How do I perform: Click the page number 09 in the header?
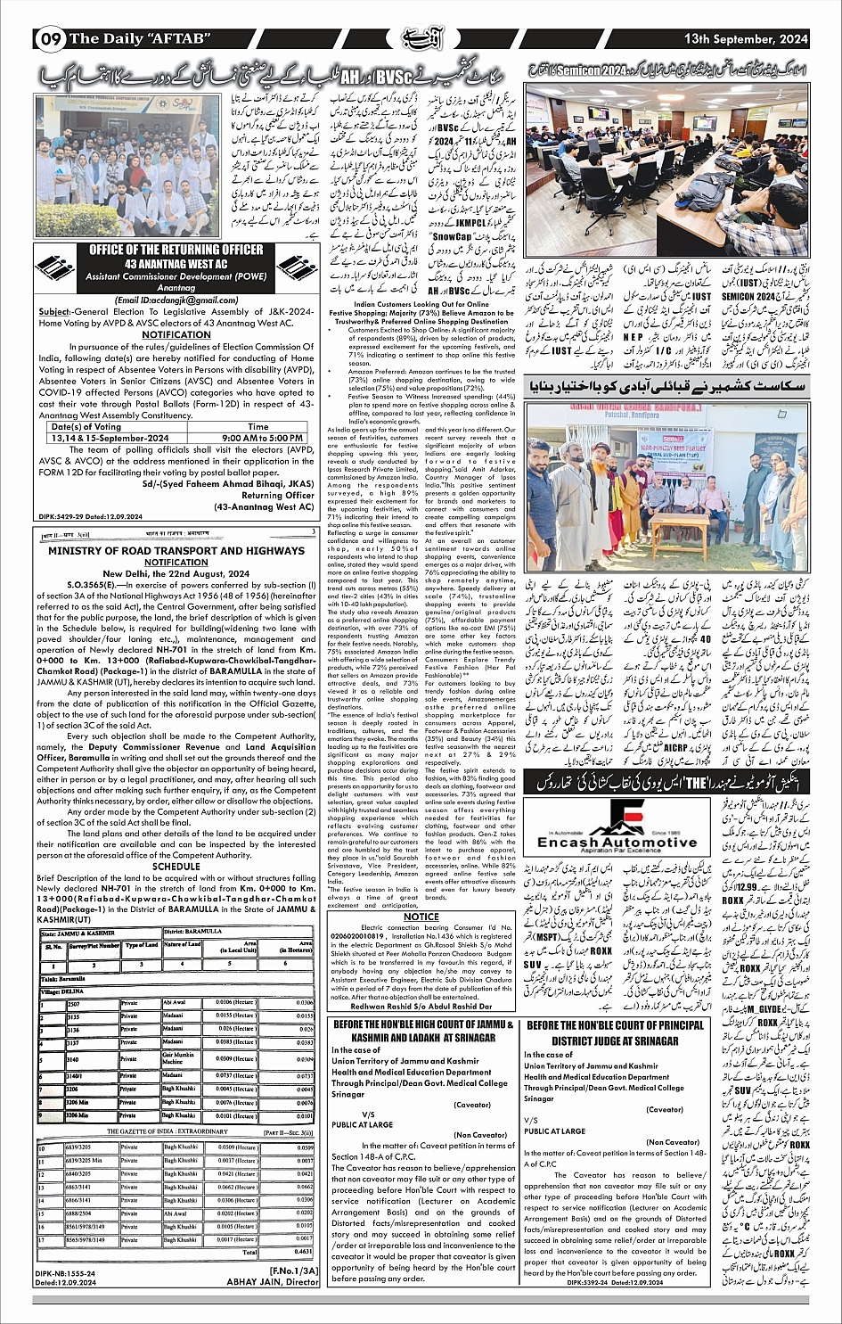point(50,39)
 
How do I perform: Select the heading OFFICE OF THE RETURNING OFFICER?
point(175,251)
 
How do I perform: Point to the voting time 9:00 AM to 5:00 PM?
point(258,438)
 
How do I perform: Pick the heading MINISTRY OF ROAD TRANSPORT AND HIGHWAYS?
point(176,551)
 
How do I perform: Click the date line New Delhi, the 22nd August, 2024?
point(176,573)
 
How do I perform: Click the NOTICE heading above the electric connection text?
point(421,916)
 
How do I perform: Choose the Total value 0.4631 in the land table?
point(303,1252)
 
